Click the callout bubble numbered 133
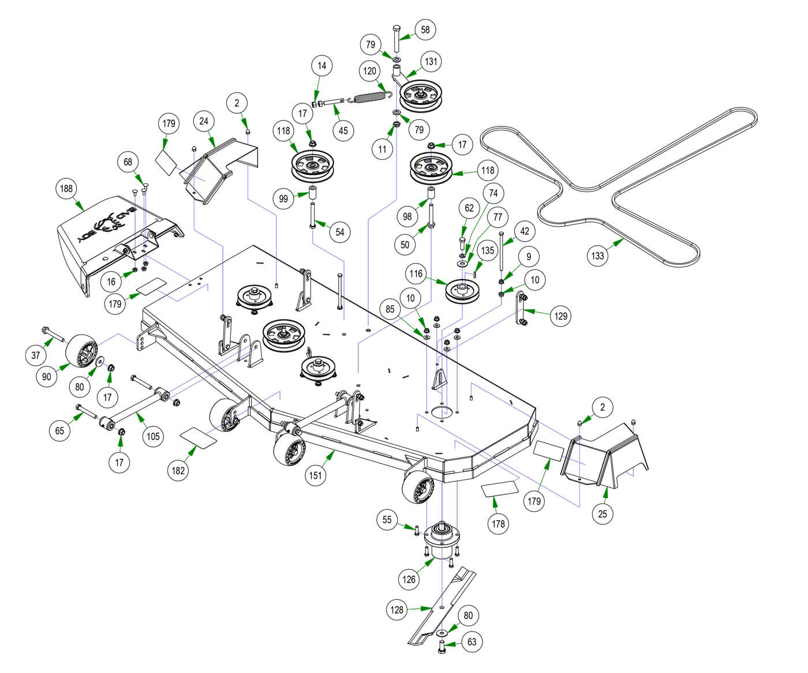[598, 255]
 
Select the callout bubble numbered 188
[67, 189]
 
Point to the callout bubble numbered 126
[409, 579]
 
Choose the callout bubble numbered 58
[425, 30]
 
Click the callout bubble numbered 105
[152, 436]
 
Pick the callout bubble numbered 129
[560, 315]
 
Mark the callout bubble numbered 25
[603, 513]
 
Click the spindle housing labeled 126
[442, 542]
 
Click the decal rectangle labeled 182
[199, 437]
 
